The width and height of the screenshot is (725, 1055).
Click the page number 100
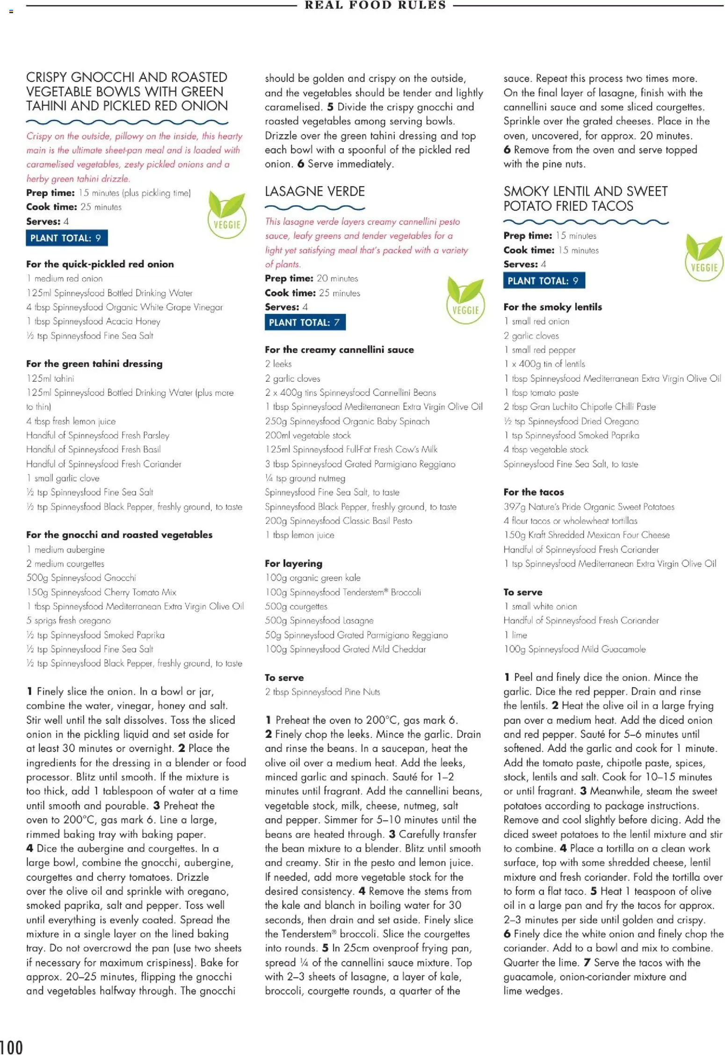pyautogui.click(x=12, y=1046)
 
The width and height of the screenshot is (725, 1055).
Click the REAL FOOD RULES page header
pyautogui.click(x=375, y=5)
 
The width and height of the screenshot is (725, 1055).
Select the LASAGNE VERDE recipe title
pyautogui.click(x=315, y=191)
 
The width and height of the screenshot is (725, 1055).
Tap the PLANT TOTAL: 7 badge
pyautogui.click(x=305, y=322)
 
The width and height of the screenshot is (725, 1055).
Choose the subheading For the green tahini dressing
pyautogui.click(x=94, y=364)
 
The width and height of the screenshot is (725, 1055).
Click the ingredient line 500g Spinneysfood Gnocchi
pyautogui.click(x=81, y=578)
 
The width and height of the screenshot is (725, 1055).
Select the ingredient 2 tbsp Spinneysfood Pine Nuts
pyautogui.click(x=322, y=691)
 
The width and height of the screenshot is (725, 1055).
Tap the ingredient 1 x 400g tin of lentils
pyautogui.click(x=544, y=364)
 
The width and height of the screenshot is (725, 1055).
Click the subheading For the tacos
pyautogui.click(x=534, y=492)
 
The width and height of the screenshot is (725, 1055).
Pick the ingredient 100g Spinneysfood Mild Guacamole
pyautogui.click(x=574, y=649)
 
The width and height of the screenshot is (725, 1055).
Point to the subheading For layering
pyautogui.click(x=293, y=563)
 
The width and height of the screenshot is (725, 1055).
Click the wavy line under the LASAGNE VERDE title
pyautogui.click(x=315, y=207)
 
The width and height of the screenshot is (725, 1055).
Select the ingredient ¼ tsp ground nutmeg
pyautogui.click(x=305, y=478)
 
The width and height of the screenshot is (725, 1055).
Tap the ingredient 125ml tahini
pyautogui.click(x=51, y=378)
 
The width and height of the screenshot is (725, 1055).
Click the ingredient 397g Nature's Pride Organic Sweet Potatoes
pyautogui.click(x=589, y=506)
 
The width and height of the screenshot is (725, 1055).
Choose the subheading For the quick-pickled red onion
pyautogui.click(x=100, y=264)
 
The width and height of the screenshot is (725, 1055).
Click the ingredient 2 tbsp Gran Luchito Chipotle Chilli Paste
pyautogui.click(x=580, y=407)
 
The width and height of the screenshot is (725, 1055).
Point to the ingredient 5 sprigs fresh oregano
pyautogui.click(x=69, y=620)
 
